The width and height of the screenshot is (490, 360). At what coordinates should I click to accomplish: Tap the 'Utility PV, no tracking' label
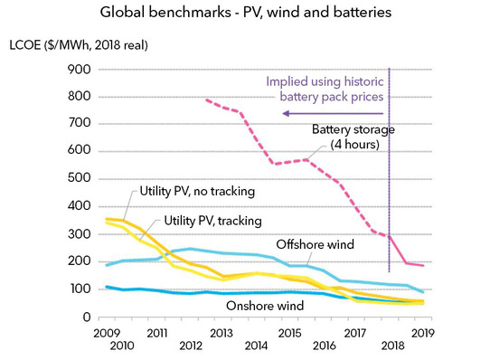click(198, 191)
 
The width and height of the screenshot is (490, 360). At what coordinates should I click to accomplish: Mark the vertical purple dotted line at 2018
click(389, 181)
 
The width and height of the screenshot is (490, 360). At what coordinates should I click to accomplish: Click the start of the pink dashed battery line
click(206, 99)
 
